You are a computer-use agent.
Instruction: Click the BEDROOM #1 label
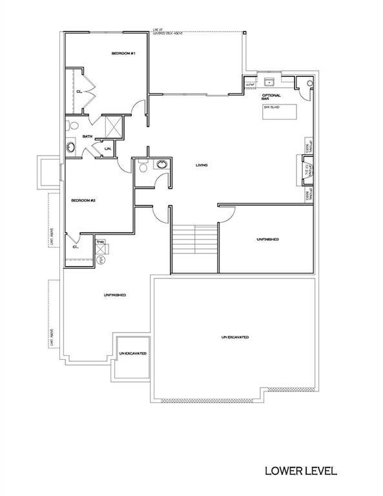pos(122,53)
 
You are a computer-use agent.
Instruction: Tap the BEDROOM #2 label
pos(83,200)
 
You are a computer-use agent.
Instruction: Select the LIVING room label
pos(202,166)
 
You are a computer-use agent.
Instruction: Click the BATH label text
pos(88,136)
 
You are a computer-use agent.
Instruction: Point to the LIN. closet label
pos(109,150)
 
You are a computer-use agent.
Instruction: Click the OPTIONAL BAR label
pos(270,97)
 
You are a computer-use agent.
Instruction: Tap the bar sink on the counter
pos(269,83)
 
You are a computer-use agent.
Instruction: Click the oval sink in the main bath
pos(70,148)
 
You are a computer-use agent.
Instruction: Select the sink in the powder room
pos(161,165)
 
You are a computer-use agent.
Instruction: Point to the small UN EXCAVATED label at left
pos(132,354)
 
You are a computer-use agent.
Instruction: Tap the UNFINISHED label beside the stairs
pos(267,239)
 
